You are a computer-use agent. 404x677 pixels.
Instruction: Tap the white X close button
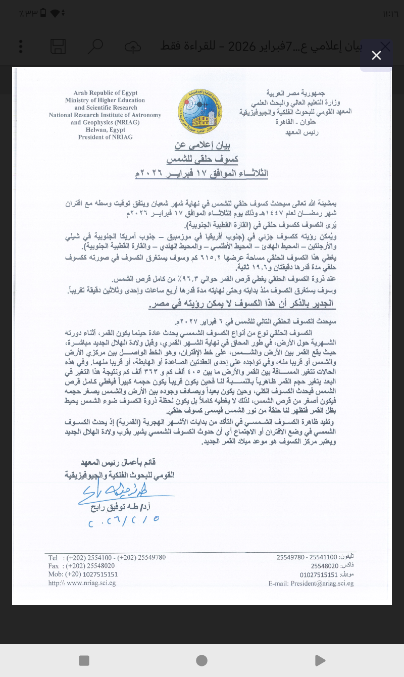coord(376,56)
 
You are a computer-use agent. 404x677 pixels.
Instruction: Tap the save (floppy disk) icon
coord(58,46)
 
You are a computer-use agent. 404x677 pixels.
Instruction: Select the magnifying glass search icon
coord(95,46)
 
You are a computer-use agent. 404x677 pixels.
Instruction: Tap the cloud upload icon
coord(132,46)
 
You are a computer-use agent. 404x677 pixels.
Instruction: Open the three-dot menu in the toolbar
coord(21,46)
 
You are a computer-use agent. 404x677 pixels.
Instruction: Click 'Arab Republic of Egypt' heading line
coord(106,93)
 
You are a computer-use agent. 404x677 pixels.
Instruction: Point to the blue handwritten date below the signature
coord(124,521)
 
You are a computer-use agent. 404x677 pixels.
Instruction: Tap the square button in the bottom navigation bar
coord(84,660)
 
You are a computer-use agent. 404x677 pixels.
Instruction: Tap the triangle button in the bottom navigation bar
coord(320,660)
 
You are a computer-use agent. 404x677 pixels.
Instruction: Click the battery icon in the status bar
coord(43,13)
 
